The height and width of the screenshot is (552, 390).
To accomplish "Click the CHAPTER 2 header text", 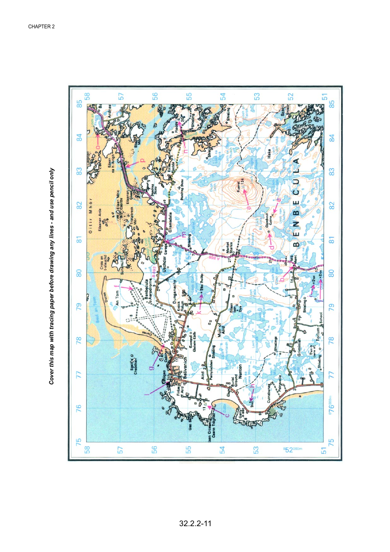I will (x=41, y=27).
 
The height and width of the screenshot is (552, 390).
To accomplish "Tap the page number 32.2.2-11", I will (x=195, y=523).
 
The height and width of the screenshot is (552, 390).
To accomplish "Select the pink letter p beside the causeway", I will (x=142, y=160).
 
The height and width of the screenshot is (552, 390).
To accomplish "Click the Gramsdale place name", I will (x=171, y=222).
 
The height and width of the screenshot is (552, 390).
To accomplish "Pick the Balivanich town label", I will (x=185, y=367).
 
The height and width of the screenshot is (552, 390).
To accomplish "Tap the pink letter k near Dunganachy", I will (x=198, y=313).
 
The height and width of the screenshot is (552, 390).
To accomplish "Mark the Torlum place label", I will (x=317, y=333).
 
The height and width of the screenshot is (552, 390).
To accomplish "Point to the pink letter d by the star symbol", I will (x=271, y=247).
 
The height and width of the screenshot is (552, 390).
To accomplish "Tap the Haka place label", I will (x=269, y=153).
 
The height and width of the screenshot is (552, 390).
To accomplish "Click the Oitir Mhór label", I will (x=91, y=216).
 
